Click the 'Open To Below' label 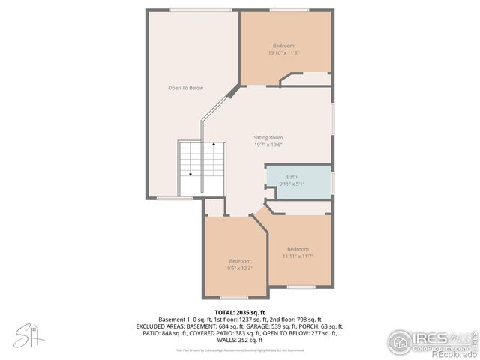pyautogui.click(x=185, y=88)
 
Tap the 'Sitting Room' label pyautogui.click(x=268, y=138)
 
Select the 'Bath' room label pyautogui.click(x=292, y=177)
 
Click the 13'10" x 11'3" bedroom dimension pyautogui.click(x=283, y=53)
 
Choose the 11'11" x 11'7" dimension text pyautogui.click(x=298, y=256)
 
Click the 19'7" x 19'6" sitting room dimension pyautogui.click(x=268, y=145)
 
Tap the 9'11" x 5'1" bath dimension pyautogui.click(x=292, y=184)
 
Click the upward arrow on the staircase pyautogui.click(x=214, y=144)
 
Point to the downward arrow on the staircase pyautogui.click(x=190, y=172)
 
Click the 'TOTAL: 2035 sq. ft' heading pyautogui.click(x=240, y=312)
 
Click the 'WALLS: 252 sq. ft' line pyautogui.click(x=240, y=340)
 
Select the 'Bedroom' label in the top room pyautogui.click(x=283, y=46)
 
